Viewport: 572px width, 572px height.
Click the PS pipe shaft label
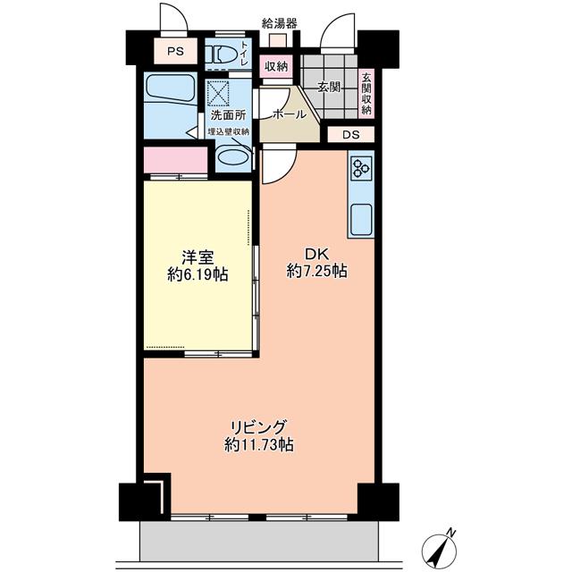[x=175, y=52]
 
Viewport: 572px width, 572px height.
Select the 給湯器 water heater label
[x=280, y=24]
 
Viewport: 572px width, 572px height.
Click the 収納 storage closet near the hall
[x=276, y=66]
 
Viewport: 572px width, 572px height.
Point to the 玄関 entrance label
[x=329, y=87]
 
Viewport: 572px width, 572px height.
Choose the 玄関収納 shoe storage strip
[x=366, y=93]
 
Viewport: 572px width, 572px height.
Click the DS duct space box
[x=351, y=135]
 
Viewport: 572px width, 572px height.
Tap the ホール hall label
[x=290, y=114]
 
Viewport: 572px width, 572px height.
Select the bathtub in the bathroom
[x=171, y=88]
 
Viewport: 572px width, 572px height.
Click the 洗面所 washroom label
[x=229, y=115]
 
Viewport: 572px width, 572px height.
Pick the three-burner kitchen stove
[x=361, y=168]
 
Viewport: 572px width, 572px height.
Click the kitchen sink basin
[x=361, y=220]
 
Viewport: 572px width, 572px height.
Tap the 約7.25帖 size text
[x=316, y=271]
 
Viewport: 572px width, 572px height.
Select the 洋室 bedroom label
[x=198, y=257]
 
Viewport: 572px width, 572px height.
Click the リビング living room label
[x=258, y=427]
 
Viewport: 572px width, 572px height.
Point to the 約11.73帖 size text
[x=258, y=445]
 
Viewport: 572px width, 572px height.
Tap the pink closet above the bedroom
[x=176, y=160]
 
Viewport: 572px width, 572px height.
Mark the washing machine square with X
[x=218, y=94]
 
